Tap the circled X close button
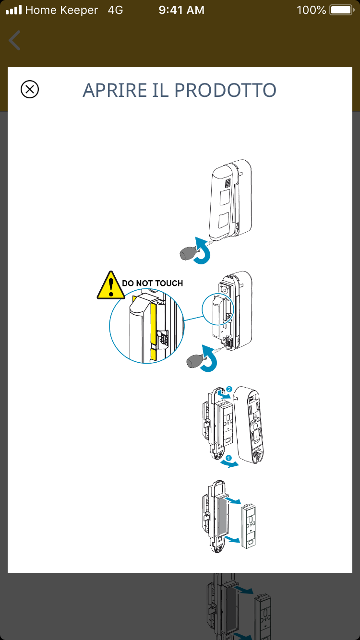[x=30, y=89]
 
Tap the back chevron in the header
[x=15, y=40]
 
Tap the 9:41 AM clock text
[x=181, y=10]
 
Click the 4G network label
[x=115, y=10]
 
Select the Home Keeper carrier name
[x=61, y=10]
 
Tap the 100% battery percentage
[x=311, y=10]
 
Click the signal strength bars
[x=13, y=10]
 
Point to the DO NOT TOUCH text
[x=153, y=284]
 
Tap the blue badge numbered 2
[x=229, y=389]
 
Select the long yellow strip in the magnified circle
[x=154, y=321]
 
